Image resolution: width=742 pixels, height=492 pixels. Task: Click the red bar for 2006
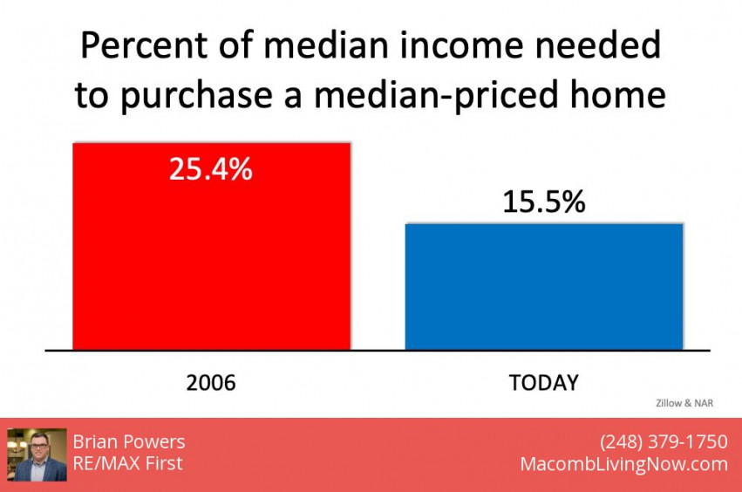point(212,246)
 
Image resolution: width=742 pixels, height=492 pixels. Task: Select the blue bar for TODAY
point(544,287)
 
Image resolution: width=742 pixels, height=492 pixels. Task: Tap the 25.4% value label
point(211,169)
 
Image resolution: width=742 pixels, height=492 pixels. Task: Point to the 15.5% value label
point(544,202)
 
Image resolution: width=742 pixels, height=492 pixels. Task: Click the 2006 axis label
point(211,383)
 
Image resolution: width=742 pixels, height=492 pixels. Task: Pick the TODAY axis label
point(544,383)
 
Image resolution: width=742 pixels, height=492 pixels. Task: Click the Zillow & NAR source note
point(684,403)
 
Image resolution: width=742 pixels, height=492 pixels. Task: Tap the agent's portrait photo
point(37,454)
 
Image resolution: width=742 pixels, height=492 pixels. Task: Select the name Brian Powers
point(129,441)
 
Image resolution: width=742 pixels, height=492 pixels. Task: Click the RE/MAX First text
point(128,463)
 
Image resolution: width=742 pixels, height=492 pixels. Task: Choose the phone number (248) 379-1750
point(664,441)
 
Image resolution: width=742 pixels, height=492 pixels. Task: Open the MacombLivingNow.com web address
point(624,464)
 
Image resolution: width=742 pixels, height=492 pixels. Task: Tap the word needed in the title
point(598,45)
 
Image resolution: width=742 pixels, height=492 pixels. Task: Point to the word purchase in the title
point(197,96)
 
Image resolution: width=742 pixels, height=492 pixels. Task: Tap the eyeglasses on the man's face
point(39,445)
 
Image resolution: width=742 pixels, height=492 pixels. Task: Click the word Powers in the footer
point(157,441)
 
